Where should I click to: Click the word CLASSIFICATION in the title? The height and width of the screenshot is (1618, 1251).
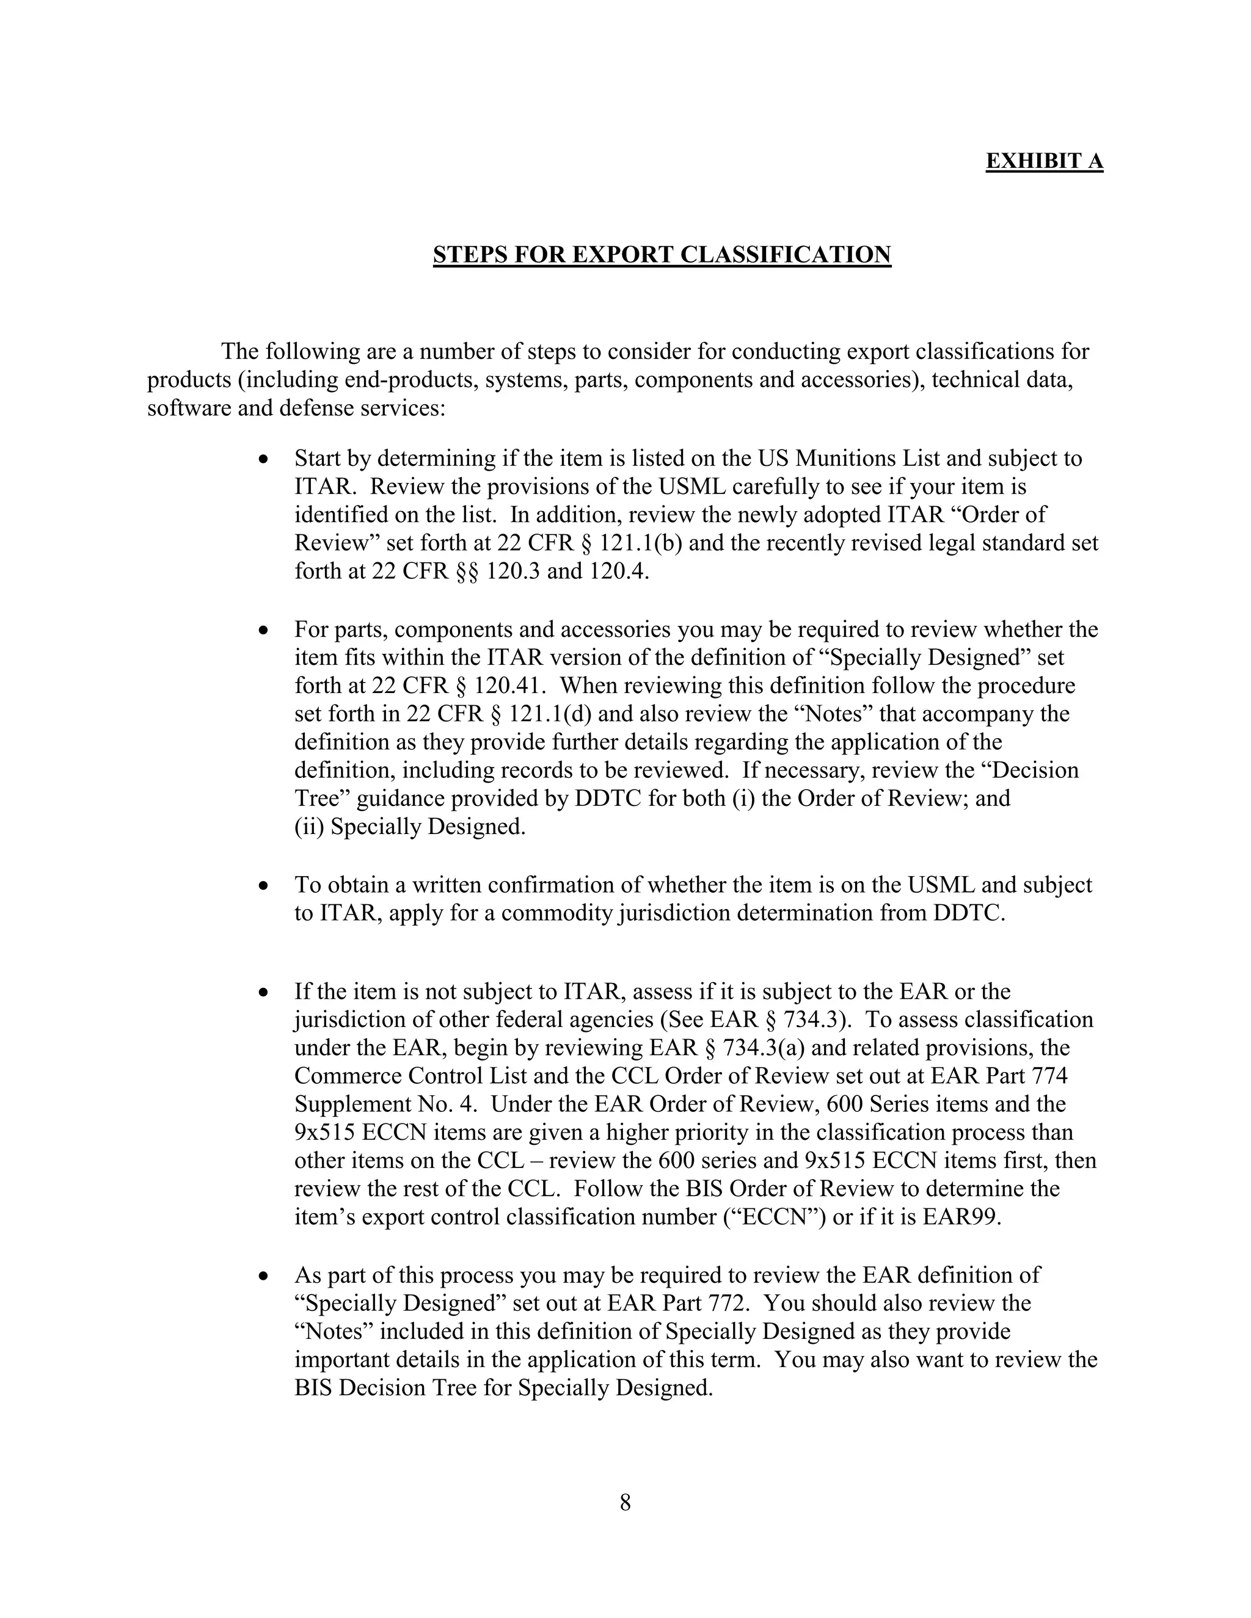(x=785, y=254)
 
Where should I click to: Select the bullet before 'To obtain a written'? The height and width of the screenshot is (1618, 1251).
(x=263, y=887)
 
